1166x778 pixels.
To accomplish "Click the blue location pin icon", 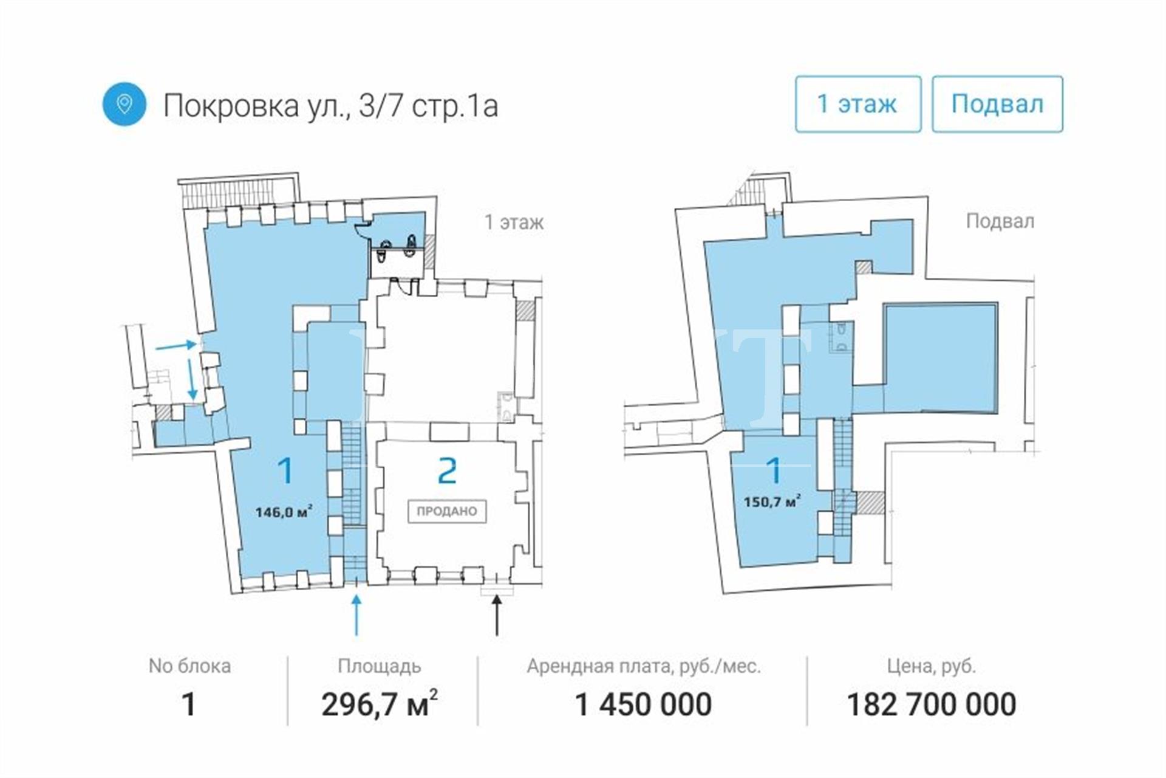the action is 124,105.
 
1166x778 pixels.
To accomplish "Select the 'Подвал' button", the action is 997,104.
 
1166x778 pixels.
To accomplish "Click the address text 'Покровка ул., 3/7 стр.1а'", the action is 331,106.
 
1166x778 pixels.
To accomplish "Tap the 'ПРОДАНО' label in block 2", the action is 447,511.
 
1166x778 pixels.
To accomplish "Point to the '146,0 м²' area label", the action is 284,511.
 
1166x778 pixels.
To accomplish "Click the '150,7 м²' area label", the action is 772,501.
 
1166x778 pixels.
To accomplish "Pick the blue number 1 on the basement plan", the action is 774,470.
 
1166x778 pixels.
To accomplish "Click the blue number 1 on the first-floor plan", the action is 285,470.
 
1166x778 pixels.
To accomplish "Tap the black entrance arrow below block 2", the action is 497,615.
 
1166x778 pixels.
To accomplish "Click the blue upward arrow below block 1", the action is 356,615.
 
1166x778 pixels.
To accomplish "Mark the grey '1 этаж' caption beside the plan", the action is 514,222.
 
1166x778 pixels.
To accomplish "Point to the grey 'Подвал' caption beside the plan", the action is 1000,221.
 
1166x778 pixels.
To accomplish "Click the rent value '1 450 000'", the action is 643,705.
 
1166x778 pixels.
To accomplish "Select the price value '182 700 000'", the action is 932,705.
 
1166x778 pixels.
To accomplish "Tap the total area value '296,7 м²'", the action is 380,704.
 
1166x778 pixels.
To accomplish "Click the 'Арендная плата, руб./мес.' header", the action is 644,666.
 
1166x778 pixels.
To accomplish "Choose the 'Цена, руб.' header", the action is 932,667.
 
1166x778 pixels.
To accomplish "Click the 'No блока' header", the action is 189,666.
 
